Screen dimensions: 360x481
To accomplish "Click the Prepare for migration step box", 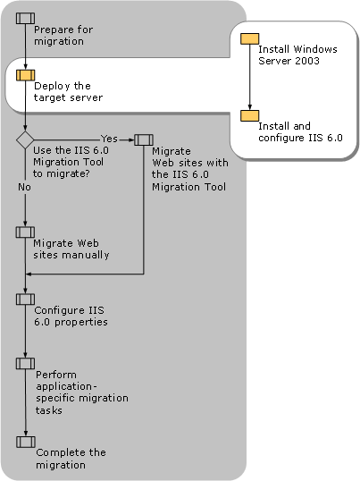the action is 25,19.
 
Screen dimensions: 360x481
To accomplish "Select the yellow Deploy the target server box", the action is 25,75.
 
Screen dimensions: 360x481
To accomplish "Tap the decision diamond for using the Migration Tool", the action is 25,140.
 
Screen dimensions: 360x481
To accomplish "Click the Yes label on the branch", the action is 109,139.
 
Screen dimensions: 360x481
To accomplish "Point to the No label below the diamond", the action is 24,187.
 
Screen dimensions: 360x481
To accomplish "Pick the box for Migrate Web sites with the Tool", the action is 144,139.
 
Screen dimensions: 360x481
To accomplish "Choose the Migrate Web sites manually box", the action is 25,232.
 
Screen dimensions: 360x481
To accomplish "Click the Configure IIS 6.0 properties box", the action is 25,300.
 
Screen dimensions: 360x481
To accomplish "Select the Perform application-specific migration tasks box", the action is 25,364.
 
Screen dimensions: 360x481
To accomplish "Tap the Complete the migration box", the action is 26,442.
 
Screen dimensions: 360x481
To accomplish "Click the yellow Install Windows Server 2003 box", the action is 250,39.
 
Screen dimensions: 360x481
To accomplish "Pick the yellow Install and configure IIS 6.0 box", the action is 250,115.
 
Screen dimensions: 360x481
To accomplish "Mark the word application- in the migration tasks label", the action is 66,386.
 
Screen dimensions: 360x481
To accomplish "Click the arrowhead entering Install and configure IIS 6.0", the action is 250,107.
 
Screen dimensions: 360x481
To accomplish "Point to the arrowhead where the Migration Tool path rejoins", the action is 29,274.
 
